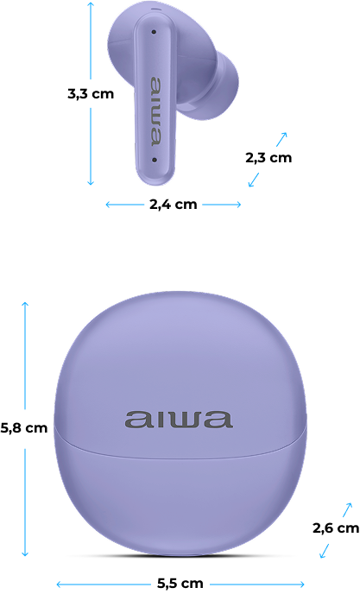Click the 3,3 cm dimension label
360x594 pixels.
click(91, 93)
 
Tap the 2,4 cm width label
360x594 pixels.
click(174, 205)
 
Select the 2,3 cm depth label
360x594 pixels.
click(268, 158)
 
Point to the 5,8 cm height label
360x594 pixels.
click(24, 428)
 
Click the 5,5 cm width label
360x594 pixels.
click(180, 583)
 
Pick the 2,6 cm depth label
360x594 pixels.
click(336, 528)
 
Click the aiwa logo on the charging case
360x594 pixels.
click(178, 420)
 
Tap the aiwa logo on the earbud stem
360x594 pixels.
click(155, 111)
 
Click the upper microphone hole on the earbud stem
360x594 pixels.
click(154, 32)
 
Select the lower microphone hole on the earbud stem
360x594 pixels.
click(155, 160)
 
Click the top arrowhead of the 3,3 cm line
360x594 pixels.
click(91, 3)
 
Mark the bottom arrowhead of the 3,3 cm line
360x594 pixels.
click(91, 182)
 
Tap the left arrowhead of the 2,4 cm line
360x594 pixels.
click(109, 205)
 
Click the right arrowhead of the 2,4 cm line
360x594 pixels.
click(237, 205)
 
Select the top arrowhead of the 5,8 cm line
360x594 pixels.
click(25, 305)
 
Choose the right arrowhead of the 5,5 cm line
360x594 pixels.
click(301, 585)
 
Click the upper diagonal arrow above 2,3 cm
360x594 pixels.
click(281, 139)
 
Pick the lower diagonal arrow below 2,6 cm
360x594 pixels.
click(324, 551)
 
